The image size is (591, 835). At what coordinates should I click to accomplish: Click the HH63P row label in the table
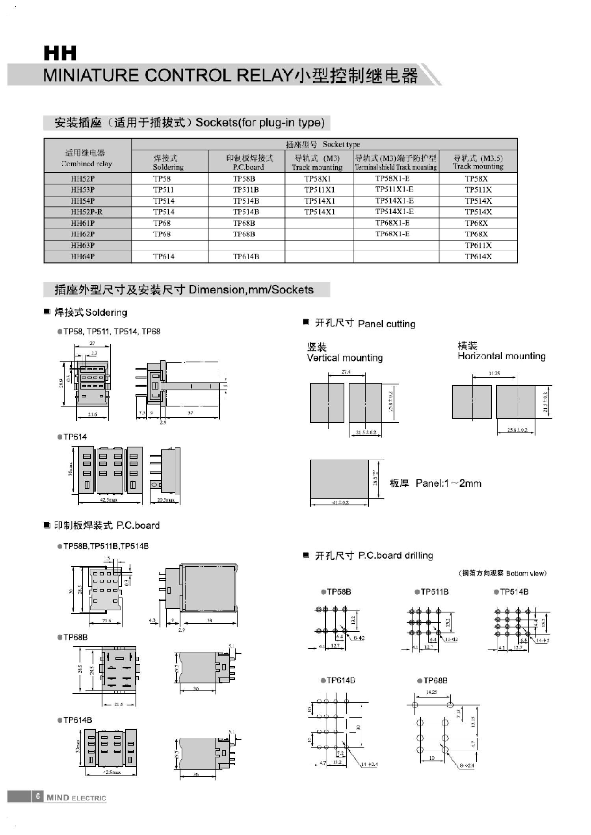(82, 245)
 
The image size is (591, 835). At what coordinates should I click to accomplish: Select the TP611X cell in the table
(478, 245)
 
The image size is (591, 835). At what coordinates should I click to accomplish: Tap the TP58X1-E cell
(392, 178)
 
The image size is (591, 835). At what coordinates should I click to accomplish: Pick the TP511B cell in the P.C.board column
(246, 190)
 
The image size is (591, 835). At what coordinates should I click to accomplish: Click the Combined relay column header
(86, 158)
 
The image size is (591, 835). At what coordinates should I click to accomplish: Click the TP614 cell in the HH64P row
(164, 256)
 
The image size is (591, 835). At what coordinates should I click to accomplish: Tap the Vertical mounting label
(344, 358)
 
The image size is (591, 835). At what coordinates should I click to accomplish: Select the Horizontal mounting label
(501, 356)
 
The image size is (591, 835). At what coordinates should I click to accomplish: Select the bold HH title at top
(60, 53)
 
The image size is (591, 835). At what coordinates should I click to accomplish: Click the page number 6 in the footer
(38, 796)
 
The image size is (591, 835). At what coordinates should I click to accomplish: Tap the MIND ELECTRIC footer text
(76, 798)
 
